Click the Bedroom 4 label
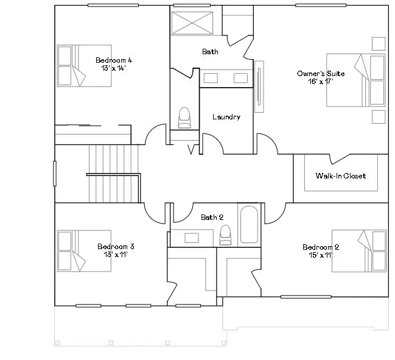tap(114, 60)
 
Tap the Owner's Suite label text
tap(320, 74)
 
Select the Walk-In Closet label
tap(340, 176)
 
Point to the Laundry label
tap(226, 117)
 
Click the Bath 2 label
tap(212, 217)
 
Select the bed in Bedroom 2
tap(359, 250)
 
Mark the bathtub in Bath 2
tap(249, 225)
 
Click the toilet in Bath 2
tap(225, 234)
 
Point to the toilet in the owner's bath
tap(184, 118)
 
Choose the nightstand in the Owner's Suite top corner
tap(378, 43)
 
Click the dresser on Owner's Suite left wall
tap(259, 85)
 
